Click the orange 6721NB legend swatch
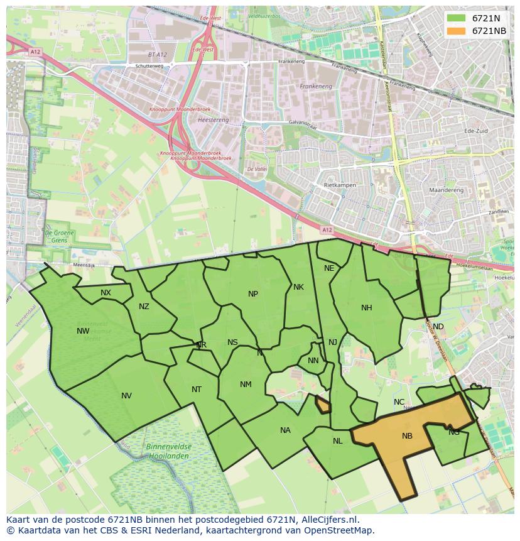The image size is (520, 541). tap(457, 31)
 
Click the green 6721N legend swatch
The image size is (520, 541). tap(457, 18)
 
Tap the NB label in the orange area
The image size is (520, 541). tap(407, 435)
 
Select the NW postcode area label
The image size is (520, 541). tap(83, 331)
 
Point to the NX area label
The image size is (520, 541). tap(106, 293)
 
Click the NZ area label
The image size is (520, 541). tap(144, 307)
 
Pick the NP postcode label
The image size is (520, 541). tap(253, 293)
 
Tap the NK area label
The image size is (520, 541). tap(298, 287)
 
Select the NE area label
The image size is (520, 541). tap(329, 268)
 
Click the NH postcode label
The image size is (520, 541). tap(367, 308)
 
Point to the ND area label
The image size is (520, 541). tap(438, 327)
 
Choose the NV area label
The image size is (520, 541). tap(126, 396)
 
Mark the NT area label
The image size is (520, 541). tap(197, 390)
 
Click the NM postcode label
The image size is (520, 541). tap(246, 385)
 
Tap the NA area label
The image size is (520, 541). tap(285, 430)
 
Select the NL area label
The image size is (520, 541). tap(337, 441)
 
